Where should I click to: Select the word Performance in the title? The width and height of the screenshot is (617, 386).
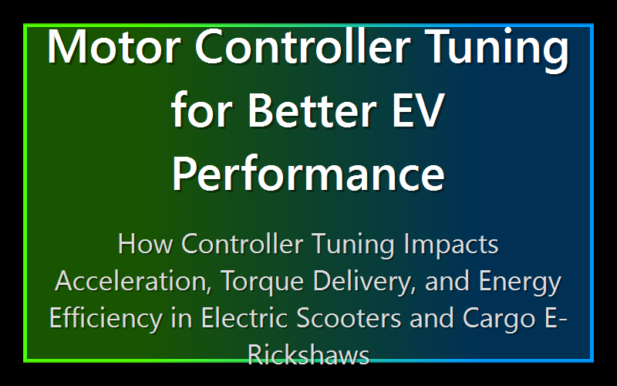pyautogui.click(x=308, y=174)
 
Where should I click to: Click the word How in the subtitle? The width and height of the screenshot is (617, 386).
pyautogui.click(x=147, y=245)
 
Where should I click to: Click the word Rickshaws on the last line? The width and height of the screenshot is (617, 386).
pyautogui.click(x=308, y=354)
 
